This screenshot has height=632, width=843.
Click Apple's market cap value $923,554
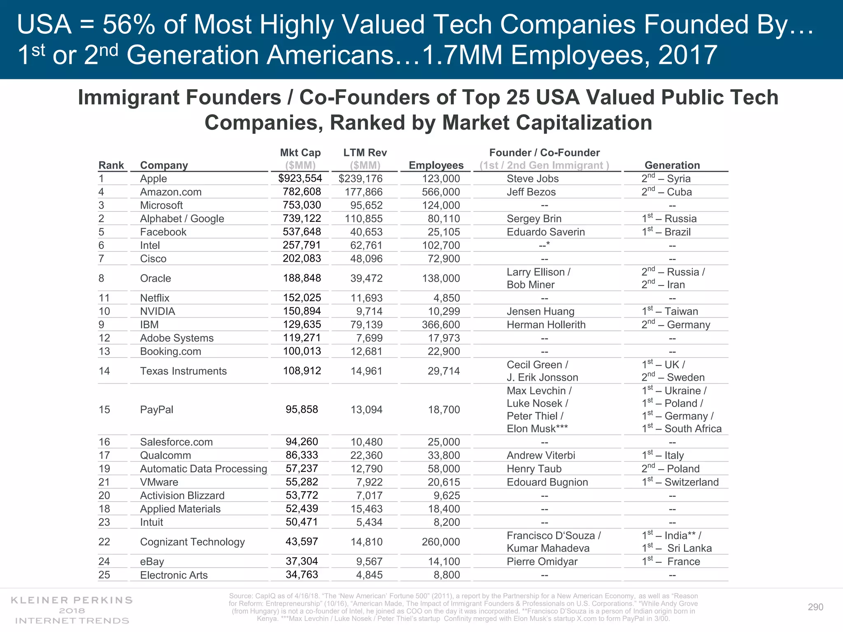(300, 178)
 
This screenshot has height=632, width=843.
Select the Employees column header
(436, 165)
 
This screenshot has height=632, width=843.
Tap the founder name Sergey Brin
(534, 218)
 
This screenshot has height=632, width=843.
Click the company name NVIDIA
(158, 311)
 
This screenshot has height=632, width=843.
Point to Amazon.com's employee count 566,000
(440, 192)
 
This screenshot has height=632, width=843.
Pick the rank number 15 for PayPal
(104, 409)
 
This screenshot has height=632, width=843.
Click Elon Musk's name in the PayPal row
(537, 429)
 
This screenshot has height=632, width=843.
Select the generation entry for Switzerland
(680, 482)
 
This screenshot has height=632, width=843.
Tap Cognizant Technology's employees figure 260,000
(440, 541)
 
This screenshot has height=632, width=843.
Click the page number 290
(815, 607)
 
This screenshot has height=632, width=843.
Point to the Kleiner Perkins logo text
(72, 610)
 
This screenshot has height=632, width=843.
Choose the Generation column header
(672, 165)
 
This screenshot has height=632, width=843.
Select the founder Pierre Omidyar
(542, 561)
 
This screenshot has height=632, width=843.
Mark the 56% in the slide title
(129, 25)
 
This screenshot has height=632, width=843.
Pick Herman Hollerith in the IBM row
(546, 325)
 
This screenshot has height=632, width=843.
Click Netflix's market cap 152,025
(302, 297)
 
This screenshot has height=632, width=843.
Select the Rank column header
(111, 165)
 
